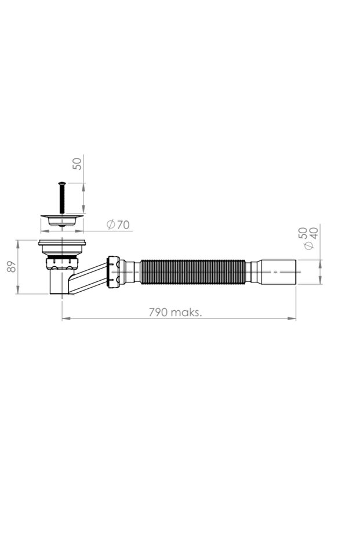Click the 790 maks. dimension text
coord(175,313)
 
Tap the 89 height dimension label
coord(12,267)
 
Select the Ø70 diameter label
coord(118,225)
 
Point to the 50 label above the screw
coord(78,163)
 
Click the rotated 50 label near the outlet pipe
coord(303,233)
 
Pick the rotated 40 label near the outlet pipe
coord(314,233)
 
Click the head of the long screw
coord(62,183)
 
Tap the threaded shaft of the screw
coord(62,199)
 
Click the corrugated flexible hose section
coord(193,272)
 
